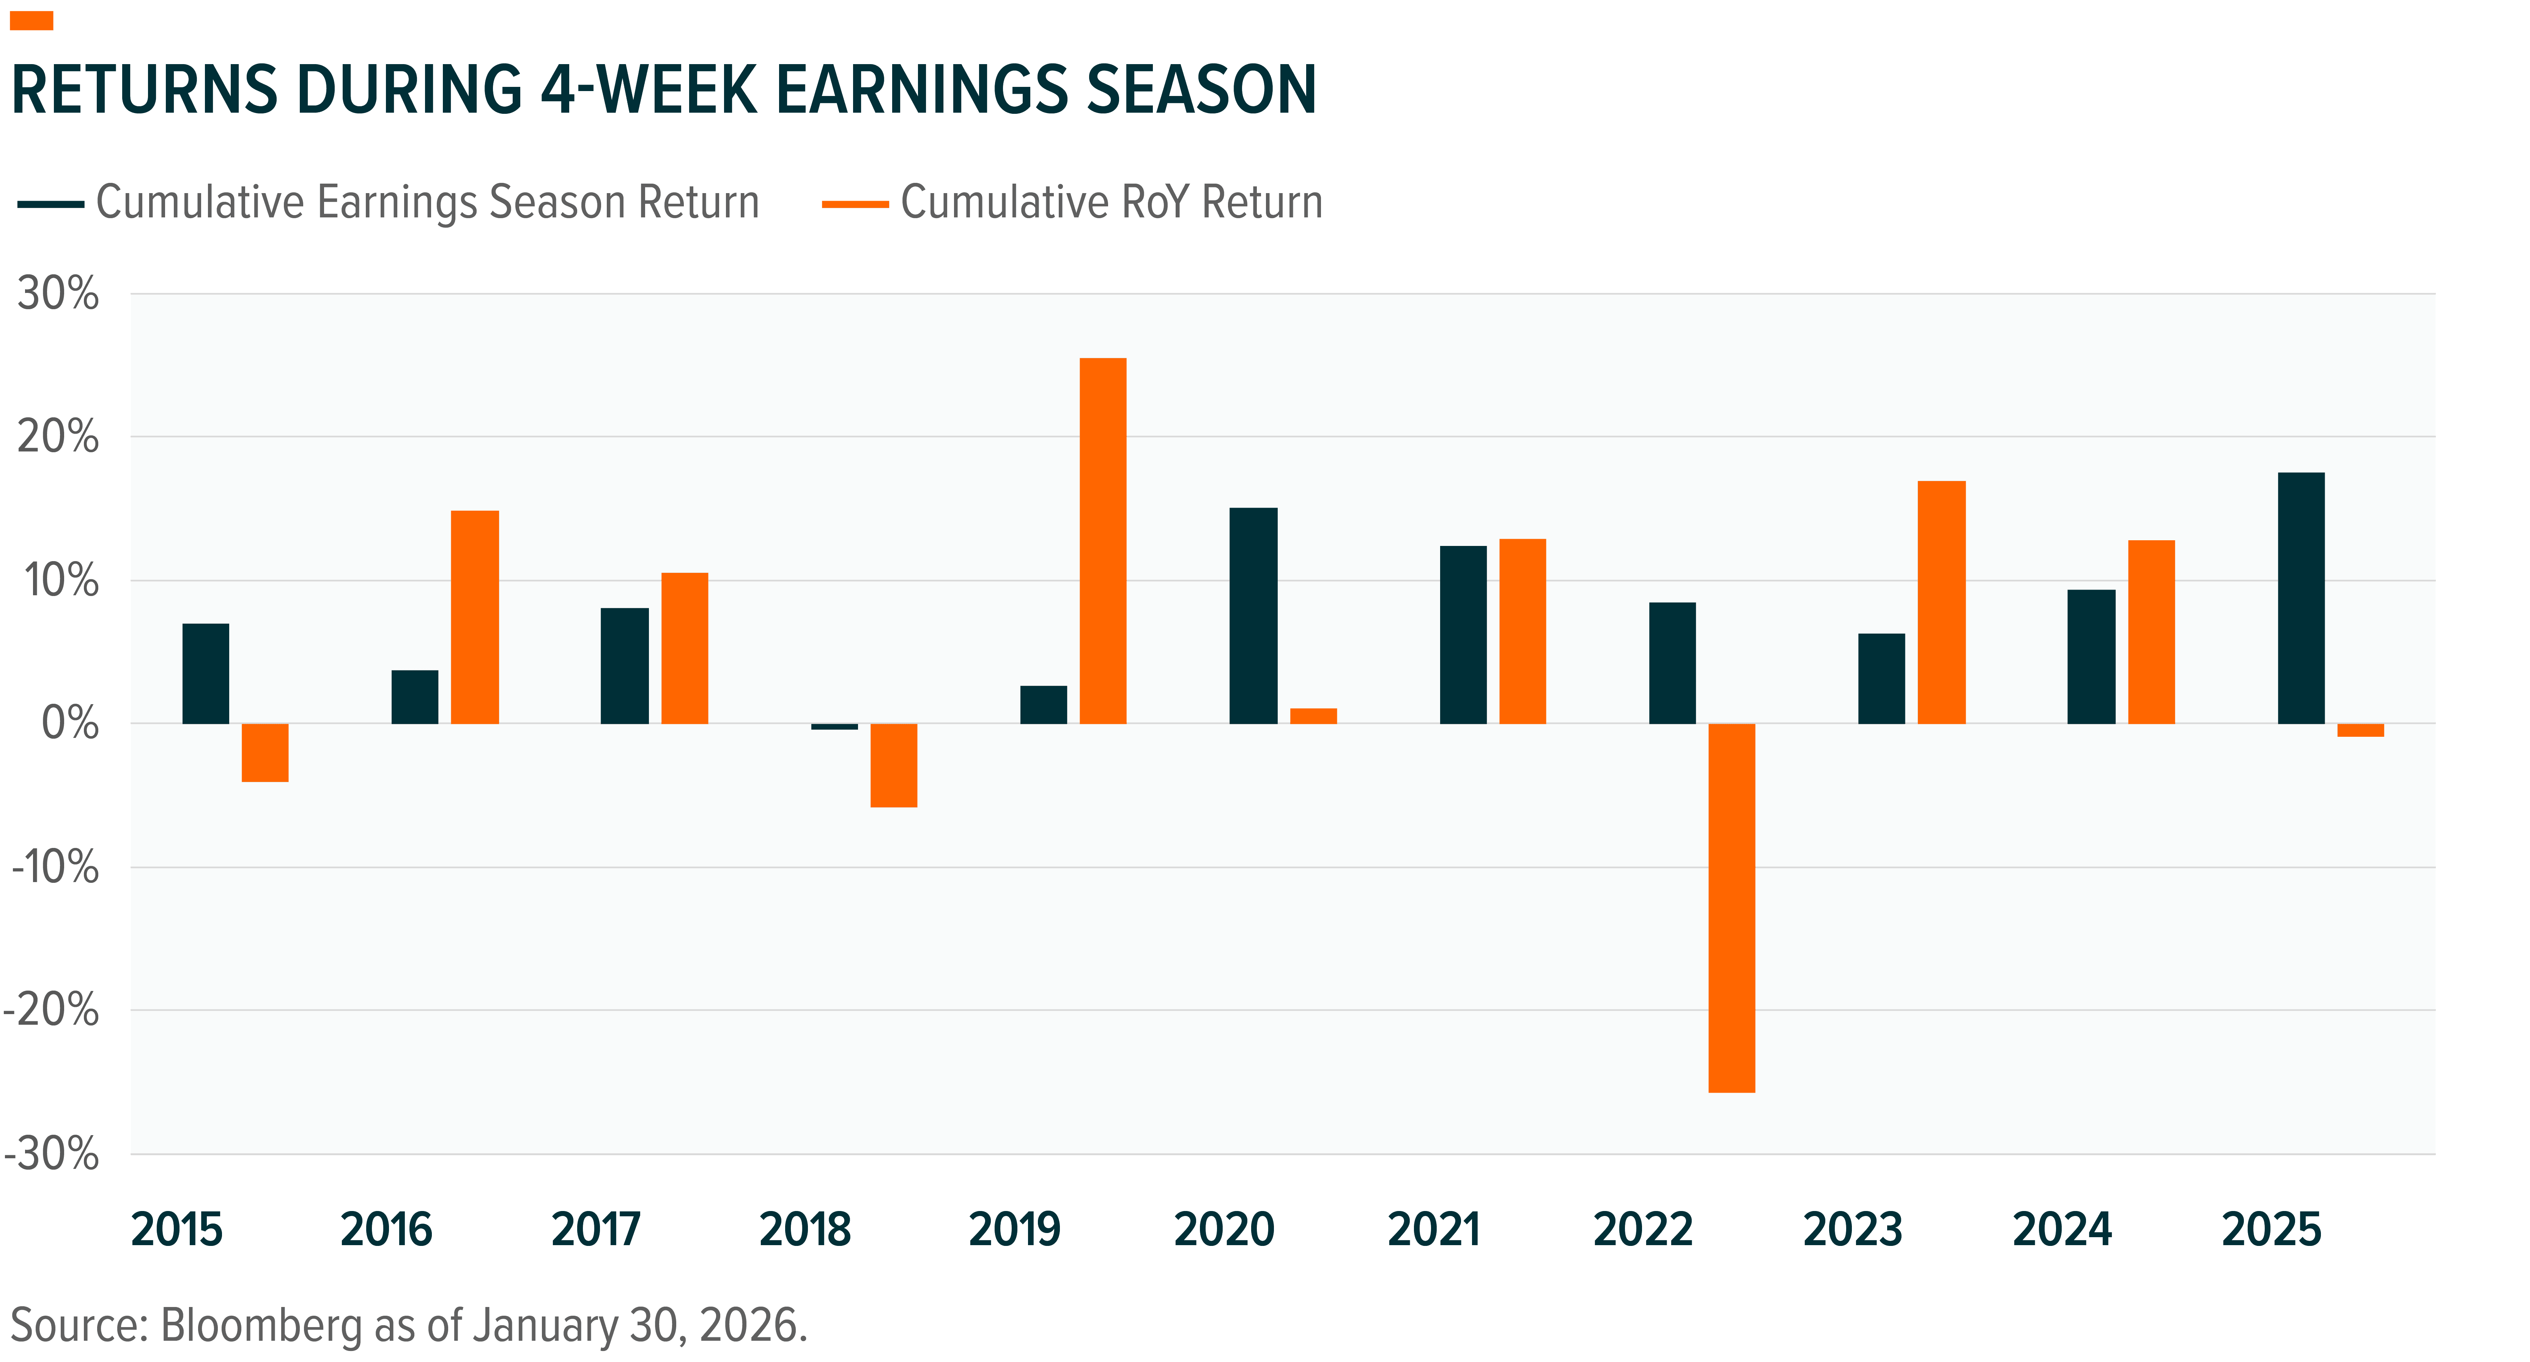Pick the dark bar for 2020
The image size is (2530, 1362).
[1253, 616]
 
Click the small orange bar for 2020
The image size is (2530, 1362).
[1313, 716]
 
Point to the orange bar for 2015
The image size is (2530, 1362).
[265, 752]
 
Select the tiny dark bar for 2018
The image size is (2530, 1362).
[834, 727]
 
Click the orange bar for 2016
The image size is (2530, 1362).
[474, 617]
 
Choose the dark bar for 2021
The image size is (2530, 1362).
[1463, 634]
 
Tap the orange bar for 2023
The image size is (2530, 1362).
[1942, 602]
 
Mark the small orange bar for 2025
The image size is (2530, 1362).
[2360, 730]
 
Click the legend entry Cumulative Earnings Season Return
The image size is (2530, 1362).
[428, 203]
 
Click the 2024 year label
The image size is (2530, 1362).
[2061, 1230]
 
